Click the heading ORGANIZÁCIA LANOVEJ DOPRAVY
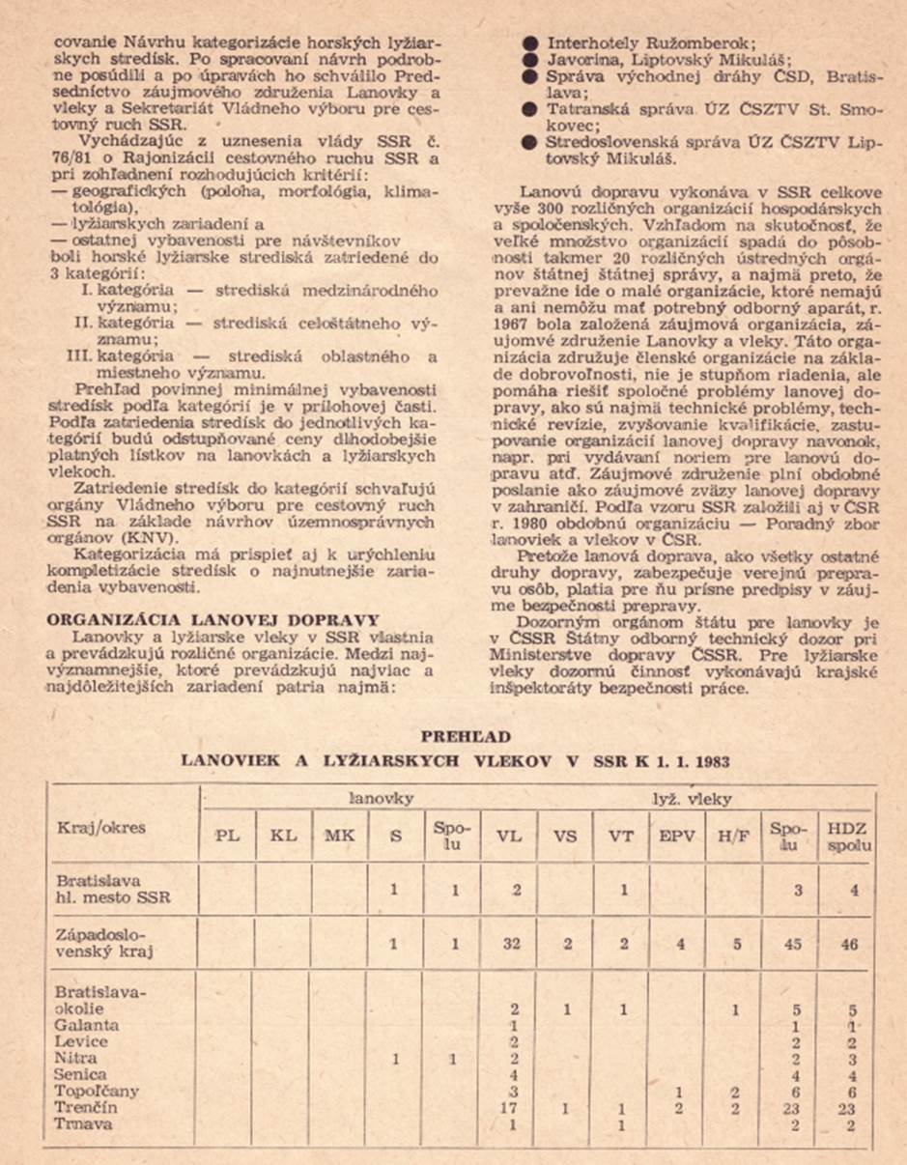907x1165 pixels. [x=213, y=619]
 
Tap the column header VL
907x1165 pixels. [x=509, y=836]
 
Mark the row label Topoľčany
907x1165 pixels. [x=98, y=1092]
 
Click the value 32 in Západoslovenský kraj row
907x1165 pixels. [x=512, y=944]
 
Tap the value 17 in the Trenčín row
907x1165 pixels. [x=512, y=1108]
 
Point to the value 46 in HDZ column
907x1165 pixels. [x=850, y=944]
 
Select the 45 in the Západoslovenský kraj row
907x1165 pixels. [x=794, y=944]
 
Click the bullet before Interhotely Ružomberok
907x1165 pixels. [x=530, y=43]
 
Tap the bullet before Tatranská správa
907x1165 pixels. [x=530, y=110]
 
